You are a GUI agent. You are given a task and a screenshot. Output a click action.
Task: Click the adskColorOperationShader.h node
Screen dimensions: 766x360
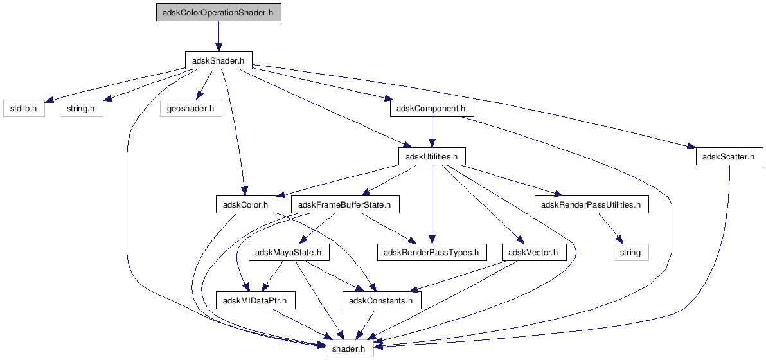click(x=218, y=12)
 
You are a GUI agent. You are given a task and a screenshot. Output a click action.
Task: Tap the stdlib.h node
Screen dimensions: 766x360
click(x=23, y=108)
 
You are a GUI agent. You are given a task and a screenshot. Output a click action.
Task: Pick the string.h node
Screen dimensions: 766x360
click(x=82, y=108)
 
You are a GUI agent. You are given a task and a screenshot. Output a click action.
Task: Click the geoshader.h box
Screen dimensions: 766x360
click(x=191, y=108)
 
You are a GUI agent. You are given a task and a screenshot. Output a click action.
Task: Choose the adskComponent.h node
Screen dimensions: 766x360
click(x=432, y=108)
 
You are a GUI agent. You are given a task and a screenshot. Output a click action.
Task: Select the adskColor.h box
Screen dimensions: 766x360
click(x=245, y=204)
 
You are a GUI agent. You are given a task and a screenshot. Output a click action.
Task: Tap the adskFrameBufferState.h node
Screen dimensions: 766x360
click(x=345, y=204)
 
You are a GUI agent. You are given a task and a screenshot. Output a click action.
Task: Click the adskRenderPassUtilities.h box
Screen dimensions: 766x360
click(x=592, y=204)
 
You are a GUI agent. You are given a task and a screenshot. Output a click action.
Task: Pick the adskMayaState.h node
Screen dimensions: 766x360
click(x=289, y=253)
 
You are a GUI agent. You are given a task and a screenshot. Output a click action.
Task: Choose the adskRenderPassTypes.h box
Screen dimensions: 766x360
click(x=432, y=253)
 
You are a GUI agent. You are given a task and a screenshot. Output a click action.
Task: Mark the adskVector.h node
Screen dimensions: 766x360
click(x=534, y=253)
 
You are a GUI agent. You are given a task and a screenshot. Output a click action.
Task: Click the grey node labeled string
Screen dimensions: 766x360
click(x=631, y=253)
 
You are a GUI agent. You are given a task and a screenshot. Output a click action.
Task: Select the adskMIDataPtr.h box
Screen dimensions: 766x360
click(x=256, y=300)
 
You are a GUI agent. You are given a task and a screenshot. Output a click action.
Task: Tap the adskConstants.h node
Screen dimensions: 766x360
click(x=382, y=300)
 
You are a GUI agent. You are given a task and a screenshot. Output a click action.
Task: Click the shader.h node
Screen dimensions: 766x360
click(x=350, y=348)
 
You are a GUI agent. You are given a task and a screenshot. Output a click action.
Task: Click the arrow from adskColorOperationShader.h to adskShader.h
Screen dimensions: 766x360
click(x=218, y=36)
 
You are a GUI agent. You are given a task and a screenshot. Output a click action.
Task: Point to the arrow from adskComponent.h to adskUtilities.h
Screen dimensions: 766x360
click(x=432, y=132)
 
